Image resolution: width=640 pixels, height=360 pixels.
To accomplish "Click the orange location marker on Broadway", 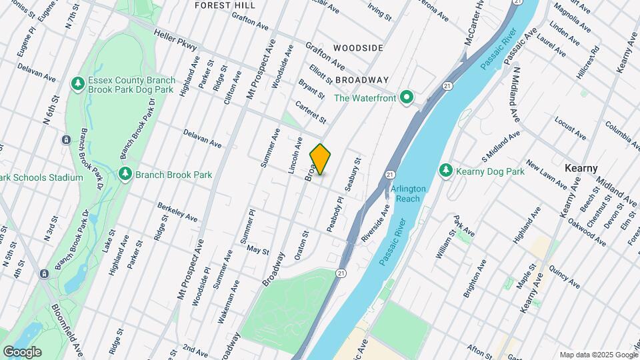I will (320, 159).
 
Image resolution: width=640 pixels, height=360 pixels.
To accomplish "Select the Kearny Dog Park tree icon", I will (446, 171).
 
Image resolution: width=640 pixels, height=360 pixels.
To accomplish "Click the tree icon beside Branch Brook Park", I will (125, 175).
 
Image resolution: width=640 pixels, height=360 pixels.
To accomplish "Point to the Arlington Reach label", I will (408, 193).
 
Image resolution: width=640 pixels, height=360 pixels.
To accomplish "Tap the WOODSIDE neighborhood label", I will (358, 48).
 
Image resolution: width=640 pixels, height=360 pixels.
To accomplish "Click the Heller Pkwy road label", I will (175, 39).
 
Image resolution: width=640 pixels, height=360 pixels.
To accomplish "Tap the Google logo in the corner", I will (22, 351).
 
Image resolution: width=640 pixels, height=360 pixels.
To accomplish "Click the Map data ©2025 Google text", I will (598, 355).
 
